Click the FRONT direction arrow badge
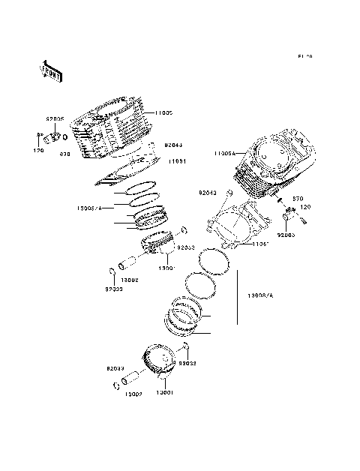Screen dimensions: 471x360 pyautogui.click(x=52, y=70)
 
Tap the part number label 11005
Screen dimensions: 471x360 pyautogui.click(x=164, y=113)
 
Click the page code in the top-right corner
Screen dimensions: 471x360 pyautogui.click(x=304, y=56)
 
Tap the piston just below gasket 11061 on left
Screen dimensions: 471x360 pyautogui.click(x=159, y=244)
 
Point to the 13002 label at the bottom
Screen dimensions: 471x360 pyautogui.click(x=133, y=394)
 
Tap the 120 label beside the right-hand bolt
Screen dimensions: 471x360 pyautogui.click(x=305, y=207)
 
